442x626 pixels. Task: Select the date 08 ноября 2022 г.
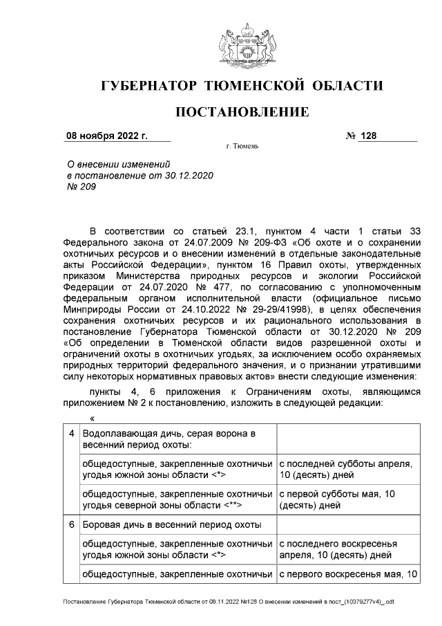(x=106, y=136)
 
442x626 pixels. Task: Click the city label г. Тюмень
(x=242, y=147)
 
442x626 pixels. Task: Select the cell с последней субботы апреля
(x=345, y=470)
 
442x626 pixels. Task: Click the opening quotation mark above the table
(x=92, y=418)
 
